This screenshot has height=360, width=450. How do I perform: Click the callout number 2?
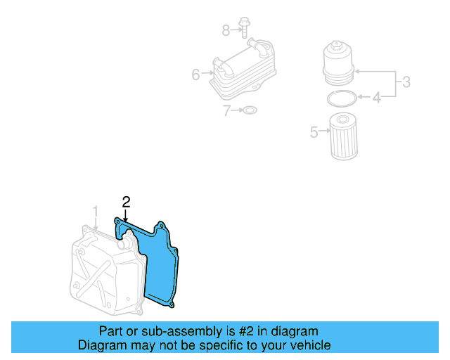(126, 202)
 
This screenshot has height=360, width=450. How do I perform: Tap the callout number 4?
(376, 98)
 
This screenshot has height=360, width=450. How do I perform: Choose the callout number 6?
(196, 73)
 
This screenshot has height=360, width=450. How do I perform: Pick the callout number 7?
(226, 110)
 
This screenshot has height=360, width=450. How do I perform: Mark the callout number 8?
(226, 30)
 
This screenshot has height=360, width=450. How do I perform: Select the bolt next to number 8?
(243, 27)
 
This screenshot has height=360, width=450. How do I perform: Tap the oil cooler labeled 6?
(242, 70)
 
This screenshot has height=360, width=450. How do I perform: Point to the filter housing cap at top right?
(339, 61)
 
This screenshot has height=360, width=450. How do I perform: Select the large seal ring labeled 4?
(341, 96)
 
